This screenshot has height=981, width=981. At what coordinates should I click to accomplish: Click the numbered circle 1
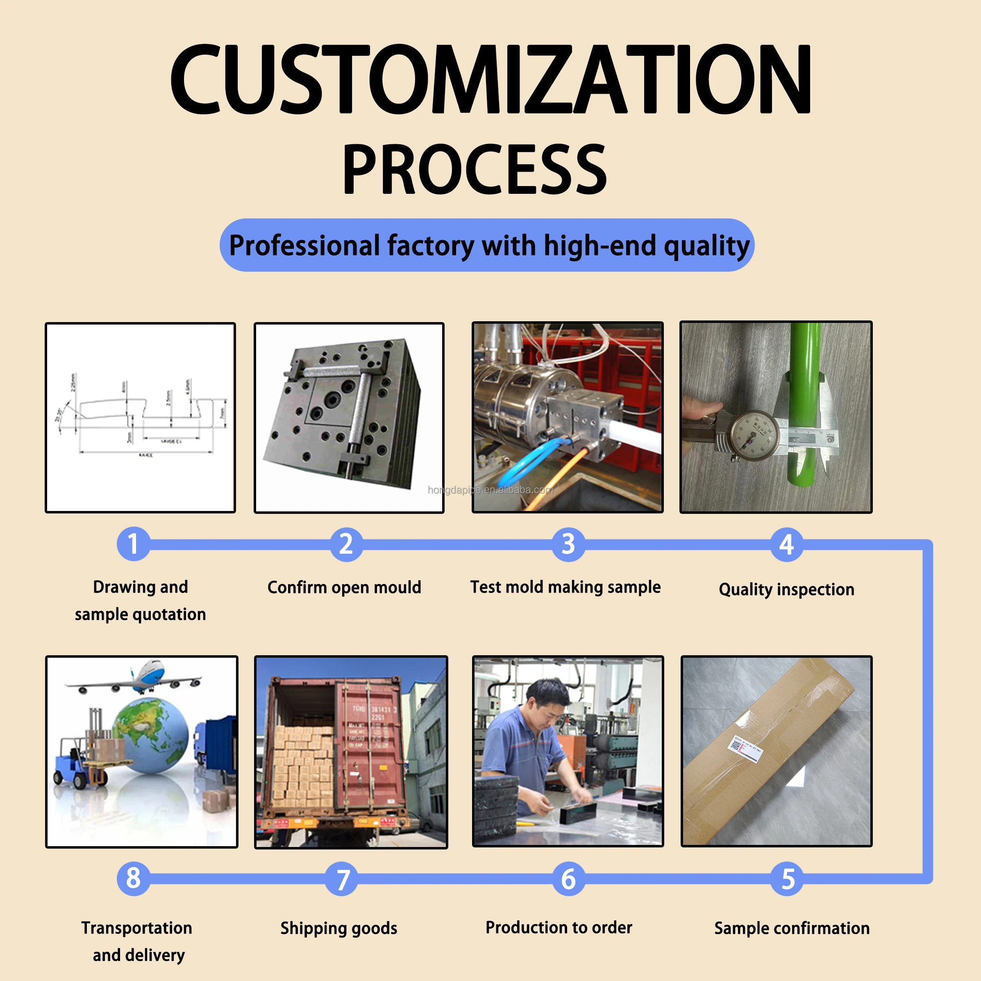(133, 544)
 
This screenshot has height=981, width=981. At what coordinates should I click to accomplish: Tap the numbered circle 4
(786, 544)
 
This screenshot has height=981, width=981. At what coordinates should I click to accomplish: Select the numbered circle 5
(787, 879)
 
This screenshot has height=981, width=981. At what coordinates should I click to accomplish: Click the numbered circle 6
(568, 879)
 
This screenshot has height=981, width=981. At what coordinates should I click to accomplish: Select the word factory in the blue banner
(430, 246)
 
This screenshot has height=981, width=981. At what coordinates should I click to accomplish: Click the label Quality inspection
(786, 590)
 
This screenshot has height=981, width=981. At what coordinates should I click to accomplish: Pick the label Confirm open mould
(344, 588)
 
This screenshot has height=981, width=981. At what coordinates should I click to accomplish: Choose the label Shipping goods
(338, 928)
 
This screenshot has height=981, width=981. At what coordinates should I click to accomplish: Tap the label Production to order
(559, 928)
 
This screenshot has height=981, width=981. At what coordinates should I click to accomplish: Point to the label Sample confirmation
(792, 928)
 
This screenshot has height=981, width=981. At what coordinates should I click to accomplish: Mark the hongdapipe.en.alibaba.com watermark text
(490, 490)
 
